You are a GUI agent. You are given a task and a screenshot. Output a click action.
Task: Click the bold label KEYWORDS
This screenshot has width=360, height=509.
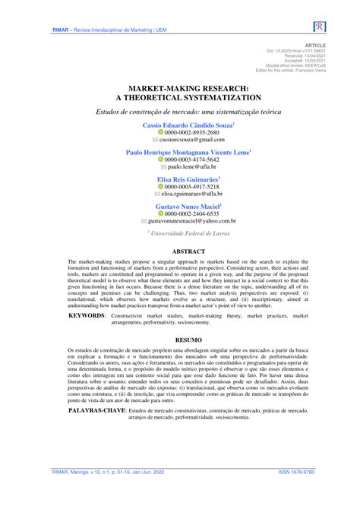point(87,315)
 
